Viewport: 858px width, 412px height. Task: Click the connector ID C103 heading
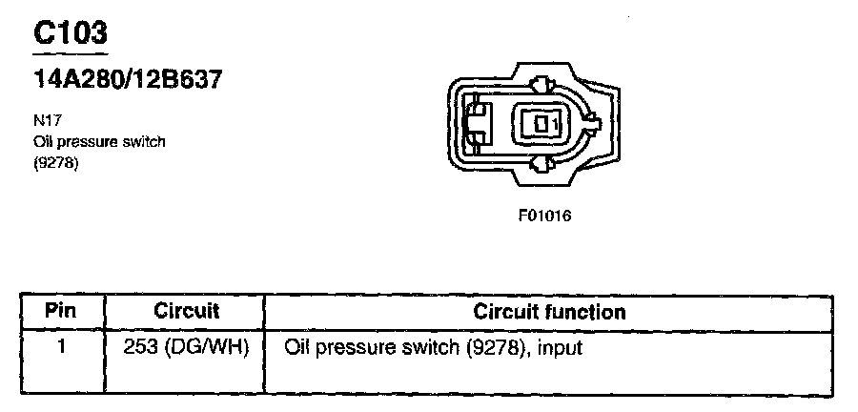point(71,32)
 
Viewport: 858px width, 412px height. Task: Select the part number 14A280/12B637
point(128,80)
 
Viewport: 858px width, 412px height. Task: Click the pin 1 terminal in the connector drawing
point(542,124)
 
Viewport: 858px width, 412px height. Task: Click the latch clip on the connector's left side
point(476,125)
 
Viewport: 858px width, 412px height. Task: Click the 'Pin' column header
point(61,312)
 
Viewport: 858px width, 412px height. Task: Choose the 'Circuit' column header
point(186,312)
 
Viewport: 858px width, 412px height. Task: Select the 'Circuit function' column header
point(549,312)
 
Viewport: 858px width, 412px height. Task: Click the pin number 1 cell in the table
point(61,348)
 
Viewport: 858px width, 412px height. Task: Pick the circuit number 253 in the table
point(140,348)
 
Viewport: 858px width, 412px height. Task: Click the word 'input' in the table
point(560,348)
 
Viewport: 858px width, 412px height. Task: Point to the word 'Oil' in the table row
point(296,348)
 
